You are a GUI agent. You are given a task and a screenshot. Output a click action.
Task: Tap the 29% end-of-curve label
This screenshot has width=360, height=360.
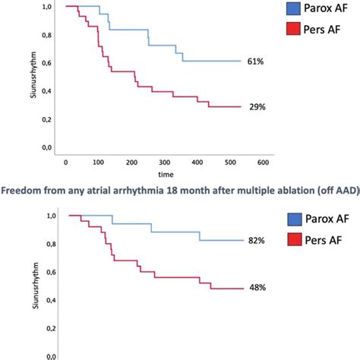[x=257, y=107]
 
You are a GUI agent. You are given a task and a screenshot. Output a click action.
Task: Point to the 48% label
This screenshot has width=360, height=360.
[x=256, y=289]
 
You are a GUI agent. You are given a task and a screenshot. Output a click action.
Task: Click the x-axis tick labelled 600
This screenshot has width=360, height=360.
[x=262, y=163]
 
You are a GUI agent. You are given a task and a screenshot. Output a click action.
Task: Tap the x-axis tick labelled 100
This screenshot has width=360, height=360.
[x=99, y=163]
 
